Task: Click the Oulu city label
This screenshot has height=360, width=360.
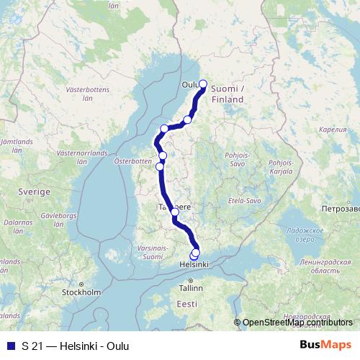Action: tap(190, 84)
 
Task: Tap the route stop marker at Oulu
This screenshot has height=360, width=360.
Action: tap(203, 84)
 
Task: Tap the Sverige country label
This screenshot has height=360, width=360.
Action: tap(35, 193)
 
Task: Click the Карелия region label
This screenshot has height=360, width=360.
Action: tap(332, 131)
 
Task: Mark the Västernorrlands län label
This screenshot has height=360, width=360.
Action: tap(81, 157)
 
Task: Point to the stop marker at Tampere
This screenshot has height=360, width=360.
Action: tap(175, 212)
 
